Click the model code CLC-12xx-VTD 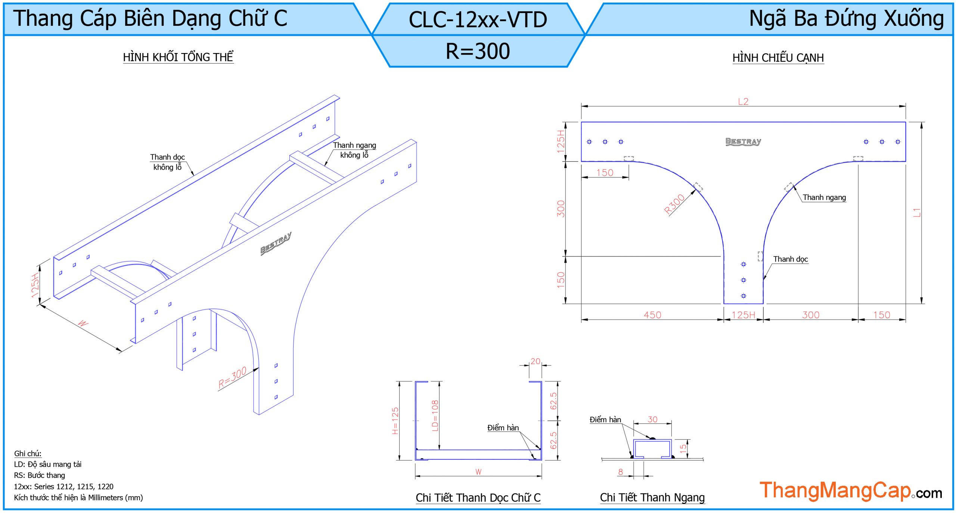[x=478, y=19]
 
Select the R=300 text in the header [x=478, y=51]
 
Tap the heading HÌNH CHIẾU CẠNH [x=778, y=58]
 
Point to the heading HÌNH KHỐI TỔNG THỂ [x=178, y=57]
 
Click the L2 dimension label [x=743, y=102]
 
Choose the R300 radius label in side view [x=674, y=204]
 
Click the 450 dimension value [x=652, y=315]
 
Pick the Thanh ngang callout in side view [x=824, y=197]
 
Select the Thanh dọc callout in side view [x=790, y=259]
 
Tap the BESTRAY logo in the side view [x=743, y=142]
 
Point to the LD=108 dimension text [x=435, y=415]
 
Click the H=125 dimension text [x=395, y=421]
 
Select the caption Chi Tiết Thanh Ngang [x=652, y=498]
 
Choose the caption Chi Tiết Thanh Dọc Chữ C [x=478, y=498]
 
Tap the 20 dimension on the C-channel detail [x=535, y=361]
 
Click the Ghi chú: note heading [x=28, y=453]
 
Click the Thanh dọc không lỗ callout [x=167, y=162]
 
